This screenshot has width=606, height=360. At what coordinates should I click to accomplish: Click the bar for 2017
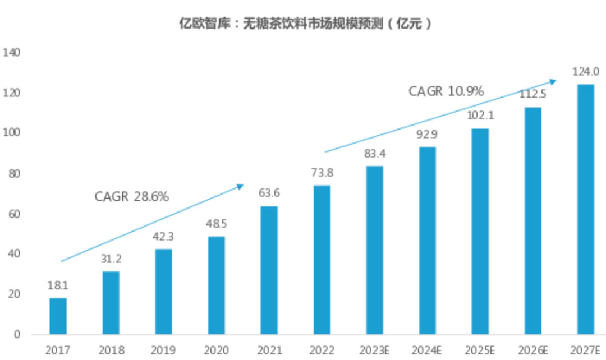[x=58, y=316]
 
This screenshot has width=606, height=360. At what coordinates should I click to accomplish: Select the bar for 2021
[x=269, y=270]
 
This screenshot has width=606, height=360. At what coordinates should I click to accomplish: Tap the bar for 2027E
[x=585, y=209]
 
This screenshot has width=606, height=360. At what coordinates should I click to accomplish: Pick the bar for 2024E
[x=427, y=241]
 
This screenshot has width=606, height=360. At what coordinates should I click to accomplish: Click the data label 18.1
[x=58, y=285]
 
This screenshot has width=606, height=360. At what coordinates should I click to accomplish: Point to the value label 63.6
[x=269, y=193]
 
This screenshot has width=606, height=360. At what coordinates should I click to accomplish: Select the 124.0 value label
[x=585, y=72]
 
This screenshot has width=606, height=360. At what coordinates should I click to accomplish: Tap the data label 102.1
[x=480, y=116]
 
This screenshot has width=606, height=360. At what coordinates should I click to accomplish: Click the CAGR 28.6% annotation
[x=131, y=197]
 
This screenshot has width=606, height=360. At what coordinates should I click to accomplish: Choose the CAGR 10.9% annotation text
[x=446, y=91]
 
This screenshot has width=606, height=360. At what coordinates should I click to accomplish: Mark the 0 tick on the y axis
[x=17, y=335]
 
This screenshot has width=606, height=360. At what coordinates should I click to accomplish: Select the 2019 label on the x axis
[x=163, y=350]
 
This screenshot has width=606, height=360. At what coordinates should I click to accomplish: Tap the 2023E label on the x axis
[x=374, y=350]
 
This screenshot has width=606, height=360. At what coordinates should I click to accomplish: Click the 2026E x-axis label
[x=532, y=350]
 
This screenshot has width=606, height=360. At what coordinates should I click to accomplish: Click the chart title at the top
[x=304, y=24]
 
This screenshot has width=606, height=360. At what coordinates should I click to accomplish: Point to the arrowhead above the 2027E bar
[x=553, y=82]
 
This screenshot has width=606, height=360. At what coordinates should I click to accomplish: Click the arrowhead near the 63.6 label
[x=240, y=186]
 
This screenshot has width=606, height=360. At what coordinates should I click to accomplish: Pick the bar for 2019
[x=163, y=292]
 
